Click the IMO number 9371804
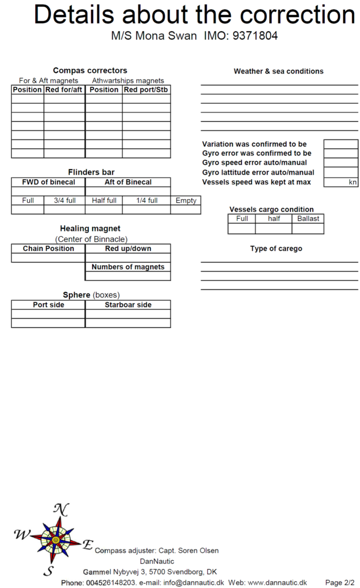coord(254,36)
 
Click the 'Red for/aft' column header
coord(64,90)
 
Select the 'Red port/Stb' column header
coord(146,90)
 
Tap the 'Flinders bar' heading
coord(91,172)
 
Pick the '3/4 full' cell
coord(64,200)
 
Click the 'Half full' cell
coord(104,200)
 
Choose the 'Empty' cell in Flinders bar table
coord(185,200)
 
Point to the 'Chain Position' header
coord(48,249)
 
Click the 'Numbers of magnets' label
coord(128,267)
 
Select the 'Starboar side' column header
coord(128,305)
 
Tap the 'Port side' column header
coord(48,305)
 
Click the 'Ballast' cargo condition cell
coord(308,219)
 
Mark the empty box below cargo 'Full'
coord(242,229)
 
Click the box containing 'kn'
coord(341,183)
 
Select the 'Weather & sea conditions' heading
coord(278,71)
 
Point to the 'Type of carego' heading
coord(276,249)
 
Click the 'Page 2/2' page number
coord(340,582)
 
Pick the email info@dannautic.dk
coord(193,582)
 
